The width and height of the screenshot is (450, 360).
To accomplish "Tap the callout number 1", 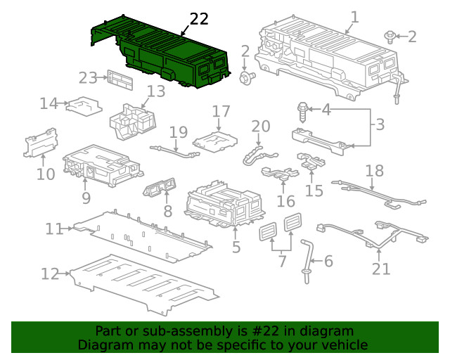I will [354, 17].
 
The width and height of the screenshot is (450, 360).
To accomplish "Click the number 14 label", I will [48, 104].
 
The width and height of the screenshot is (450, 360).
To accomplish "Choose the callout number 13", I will [155, 91].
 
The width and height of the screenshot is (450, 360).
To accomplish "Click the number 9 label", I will [86, 198].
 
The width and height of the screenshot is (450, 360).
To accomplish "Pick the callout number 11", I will [54, 229].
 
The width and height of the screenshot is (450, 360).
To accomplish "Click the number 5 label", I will [236, 247].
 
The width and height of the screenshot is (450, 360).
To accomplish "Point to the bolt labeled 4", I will [304, 108].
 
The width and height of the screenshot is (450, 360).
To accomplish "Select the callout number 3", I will [379, 125].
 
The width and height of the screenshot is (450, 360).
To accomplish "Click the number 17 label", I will [221, 111].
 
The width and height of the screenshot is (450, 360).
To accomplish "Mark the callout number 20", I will [261, 127].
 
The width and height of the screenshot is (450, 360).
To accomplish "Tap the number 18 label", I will [375, 171].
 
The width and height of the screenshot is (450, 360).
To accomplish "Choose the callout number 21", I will [380, 268].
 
